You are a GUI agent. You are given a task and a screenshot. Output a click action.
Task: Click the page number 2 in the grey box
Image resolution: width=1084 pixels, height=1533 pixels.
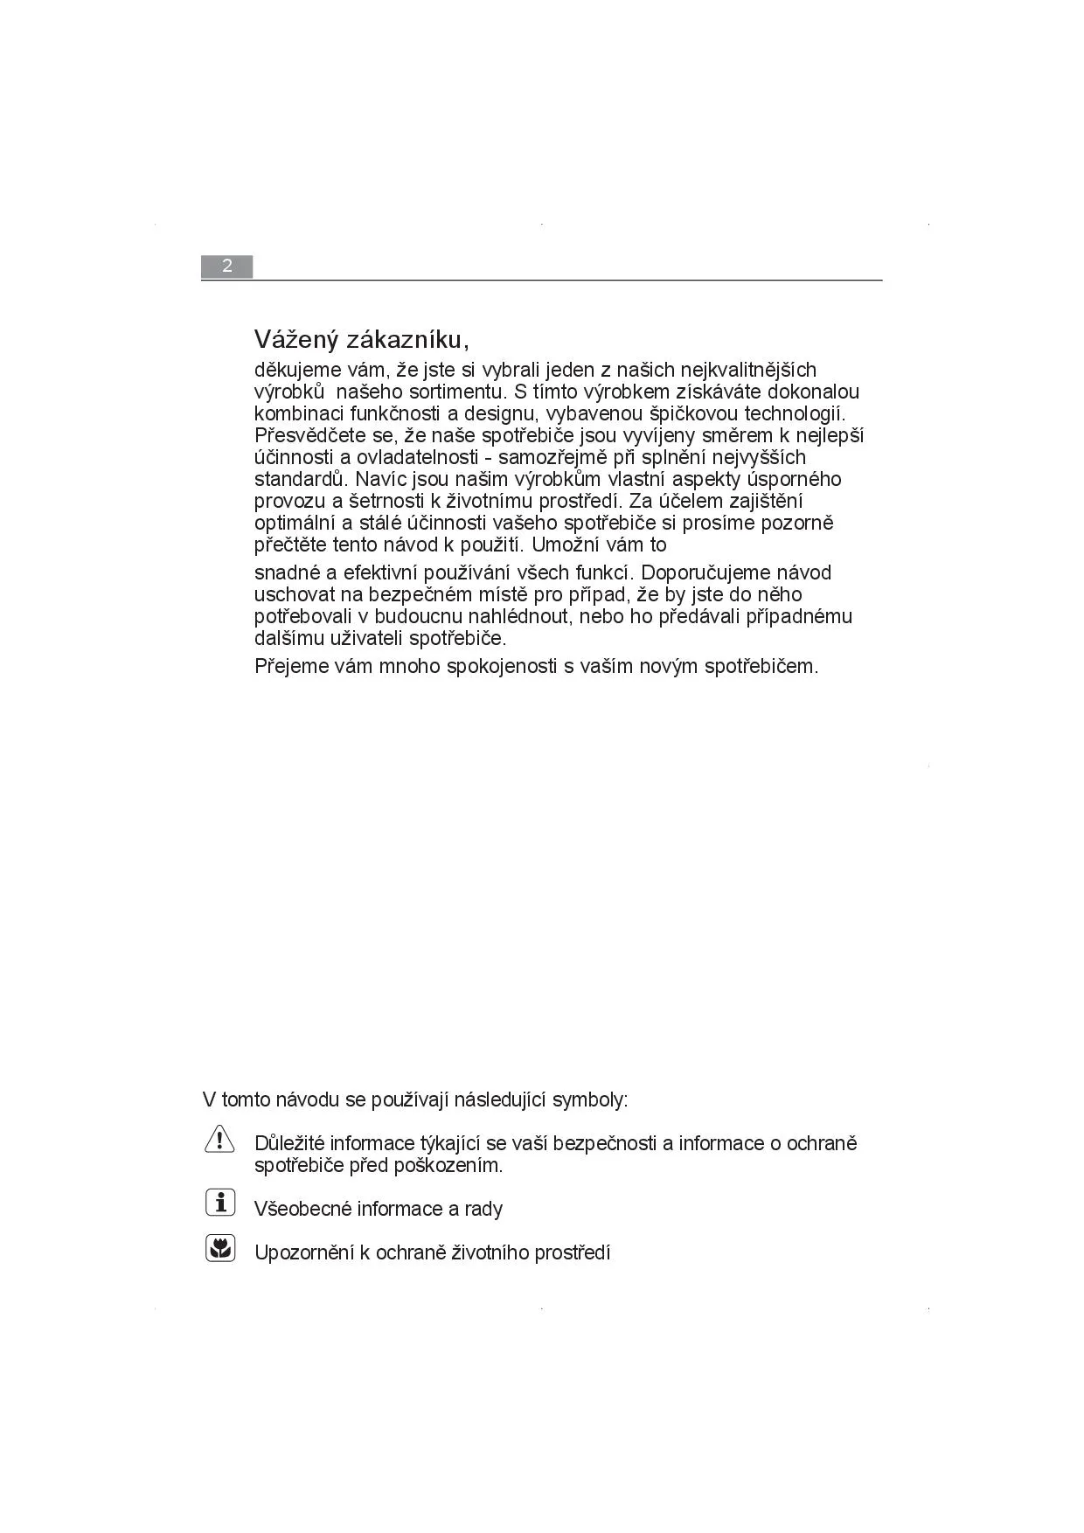226,267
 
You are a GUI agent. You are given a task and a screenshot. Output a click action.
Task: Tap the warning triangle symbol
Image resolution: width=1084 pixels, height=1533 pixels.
219,1139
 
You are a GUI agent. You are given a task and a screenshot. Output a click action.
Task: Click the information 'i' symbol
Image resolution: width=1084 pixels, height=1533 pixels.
220,1203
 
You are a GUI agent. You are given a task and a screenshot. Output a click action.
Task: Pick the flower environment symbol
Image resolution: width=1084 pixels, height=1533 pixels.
220,1248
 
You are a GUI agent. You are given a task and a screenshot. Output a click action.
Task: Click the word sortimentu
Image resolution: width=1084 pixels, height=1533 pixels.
461,392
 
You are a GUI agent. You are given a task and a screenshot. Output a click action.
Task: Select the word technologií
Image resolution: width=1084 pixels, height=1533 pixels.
795,413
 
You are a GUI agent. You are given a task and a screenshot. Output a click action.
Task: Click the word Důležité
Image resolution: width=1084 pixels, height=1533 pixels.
289,1143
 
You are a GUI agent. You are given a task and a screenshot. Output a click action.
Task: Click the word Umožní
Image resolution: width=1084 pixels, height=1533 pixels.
565,545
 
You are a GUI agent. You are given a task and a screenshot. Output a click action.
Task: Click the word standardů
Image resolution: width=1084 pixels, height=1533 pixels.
301,479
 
